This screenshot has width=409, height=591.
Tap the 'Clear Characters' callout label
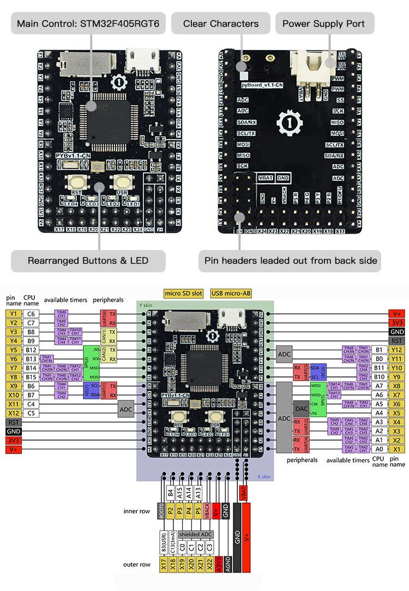pos(220,23)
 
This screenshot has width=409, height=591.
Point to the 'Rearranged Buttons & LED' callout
pos(88,260)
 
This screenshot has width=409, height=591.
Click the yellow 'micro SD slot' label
pos(184,293)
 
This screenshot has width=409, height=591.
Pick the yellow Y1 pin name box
pos(13,314)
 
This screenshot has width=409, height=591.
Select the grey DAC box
pos(301,407)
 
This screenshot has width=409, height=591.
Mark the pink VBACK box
pos(207,513)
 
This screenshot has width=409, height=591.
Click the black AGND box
pos(226,565)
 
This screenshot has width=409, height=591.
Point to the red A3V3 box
pos(216,565)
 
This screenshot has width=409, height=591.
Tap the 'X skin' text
pos(263,476)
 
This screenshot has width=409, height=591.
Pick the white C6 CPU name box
pos(32,314)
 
